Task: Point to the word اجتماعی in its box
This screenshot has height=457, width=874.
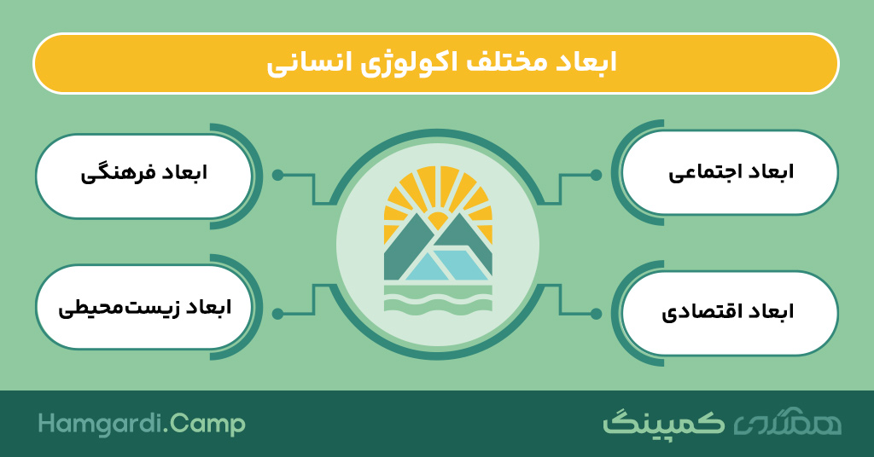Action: coord(701,172)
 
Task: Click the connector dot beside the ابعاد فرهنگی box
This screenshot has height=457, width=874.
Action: coord(277,175)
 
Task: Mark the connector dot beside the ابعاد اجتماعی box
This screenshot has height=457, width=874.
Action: coord(596,175)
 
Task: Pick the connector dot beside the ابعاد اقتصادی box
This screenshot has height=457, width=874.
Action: coord(596,314)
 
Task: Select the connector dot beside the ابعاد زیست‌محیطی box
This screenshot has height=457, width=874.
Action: coord(277,314)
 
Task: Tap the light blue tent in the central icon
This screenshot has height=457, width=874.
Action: coord(446,265)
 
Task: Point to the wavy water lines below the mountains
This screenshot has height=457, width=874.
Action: coord(438,301)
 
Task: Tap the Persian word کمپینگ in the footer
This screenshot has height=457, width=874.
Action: coord(664,423)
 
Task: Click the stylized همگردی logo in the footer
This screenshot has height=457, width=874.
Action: coord(787,424)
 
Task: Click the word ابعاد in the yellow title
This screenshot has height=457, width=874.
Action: coord(589,61)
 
